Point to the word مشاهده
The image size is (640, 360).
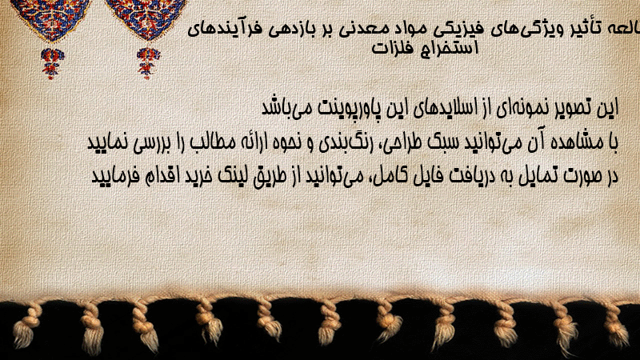tap(572, 142)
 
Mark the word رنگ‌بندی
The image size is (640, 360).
tap(341, 143)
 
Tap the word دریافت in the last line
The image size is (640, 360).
tap(471, 176)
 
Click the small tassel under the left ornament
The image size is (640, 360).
tap(52, 62)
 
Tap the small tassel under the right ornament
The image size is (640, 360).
tap(148, 62)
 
